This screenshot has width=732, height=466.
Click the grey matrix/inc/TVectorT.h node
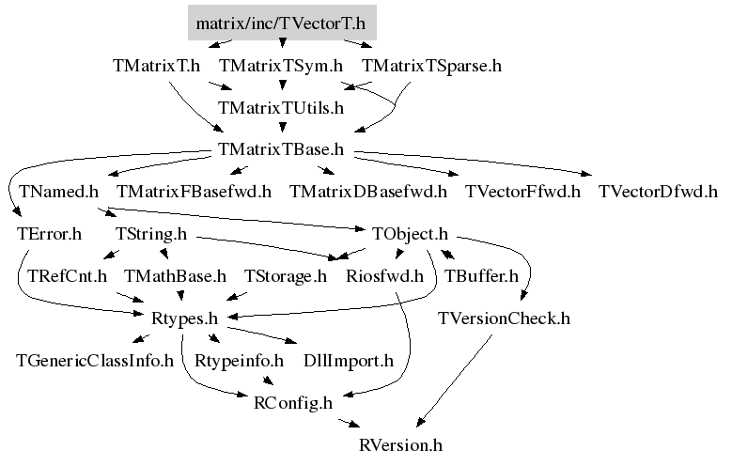pos(281,23)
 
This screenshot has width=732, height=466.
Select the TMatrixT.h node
pos(156,67)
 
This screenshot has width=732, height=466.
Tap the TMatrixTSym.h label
pos(281,67)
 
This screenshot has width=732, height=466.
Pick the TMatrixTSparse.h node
pos(431,67)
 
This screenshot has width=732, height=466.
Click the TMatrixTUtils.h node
pos(281,108)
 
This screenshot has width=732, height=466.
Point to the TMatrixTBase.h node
pos(281,150)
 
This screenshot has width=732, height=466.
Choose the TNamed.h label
pos(58,192)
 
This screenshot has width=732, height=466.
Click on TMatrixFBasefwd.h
pos(195,192)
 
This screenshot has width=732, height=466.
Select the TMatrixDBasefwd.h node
pos(368,192)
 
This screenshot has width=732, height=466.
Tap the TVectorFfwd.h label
pos(523,192)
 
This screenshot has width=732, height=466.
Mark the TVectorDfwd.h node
pos(658,192)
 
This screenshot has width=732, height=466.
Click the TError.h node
pos(49,234)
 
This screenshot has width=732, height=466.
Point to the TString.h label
pos(150,234)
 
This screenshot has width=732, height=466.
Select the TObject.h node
pos(410,234)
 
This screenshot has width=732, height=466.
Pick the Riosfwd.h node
pos(384,276)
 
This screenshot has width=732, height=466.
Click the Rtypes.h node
pos(184,318)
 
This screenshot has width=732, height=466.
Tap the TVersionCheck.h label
pos(505,318)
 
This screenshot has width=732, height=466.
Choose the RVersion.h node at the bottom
pos(401,444)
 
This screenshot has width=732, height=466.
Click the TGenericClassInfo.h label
pos(96,361)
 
